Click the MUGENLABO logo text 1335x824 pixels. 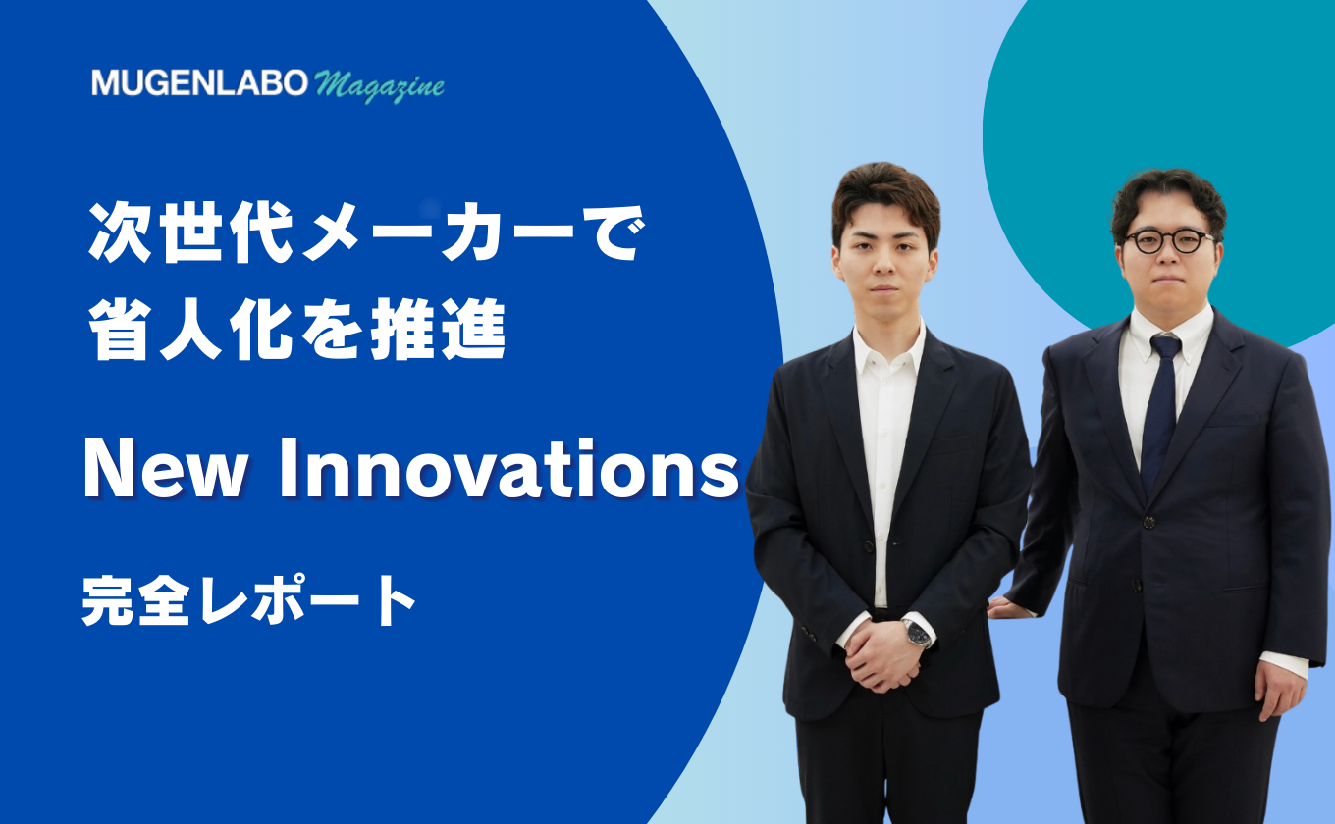pos(199,82)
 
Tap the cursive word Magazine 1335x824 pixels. pos(379,86)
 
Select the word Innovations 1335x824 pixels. pos(509,469)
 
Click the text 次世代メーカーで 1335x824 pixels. pos(367,232)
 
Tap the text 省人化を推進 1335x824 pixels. pos(297,330)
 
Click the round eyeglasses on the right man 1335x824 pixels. pos(1169,240)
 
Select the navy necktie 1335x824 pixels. pos(1161,411)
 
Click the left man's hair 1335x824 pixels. pos(885,196)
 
